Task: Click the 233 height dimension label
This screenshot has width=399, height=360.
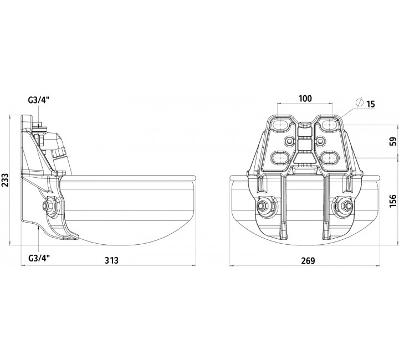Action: pyautogui.click(x=6, y=180)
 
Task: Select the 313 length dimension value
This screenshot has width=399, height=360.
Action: pyautogui.click(x=111, y=260)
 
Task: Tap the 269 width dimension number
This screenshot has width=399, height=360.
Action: pyautogui.click(x=308, y=261)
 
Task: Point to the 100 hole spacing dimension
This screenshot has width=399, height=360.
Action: pyautogui.click(x=305, y=99)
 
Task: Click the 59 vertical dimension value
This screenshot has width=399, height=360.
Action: pyautogui.click(x=393, y=141)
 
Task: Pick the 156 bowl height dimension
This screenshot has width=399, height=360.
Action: pyautogui.click(x=393, y=201)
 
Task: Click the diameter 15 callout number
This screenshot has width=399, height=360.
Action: pyautogui.click(x=371, y=104)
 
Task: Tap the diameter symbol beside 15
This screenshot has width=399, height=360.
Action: pyautogui.click(x=360, y=102)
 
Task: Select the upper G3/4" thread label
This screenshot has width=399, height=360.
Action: pyautogui.click(x=38, y=100)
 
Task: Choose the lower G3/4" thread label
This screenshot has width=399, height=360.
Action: pyautogui.click(x=39, y=259)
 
